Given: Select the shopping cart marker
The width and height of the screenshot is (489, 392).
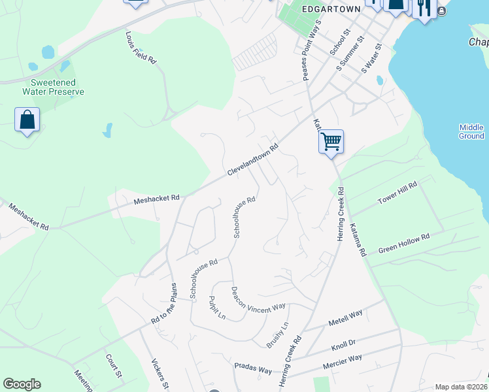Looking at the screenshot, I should (331, 140).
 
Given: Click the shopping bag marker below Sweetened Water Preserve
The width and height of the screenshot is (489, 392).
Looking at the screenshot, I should (27, 120).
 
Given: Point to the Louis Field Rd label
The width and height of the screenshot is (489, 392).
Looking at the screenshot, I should (141, 49).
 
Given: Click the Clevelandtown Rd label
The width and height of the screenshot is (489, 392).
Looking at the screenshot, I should (253, 160).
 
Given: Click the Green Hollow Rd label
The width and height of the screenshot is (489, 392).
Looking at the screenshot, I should (404, 242).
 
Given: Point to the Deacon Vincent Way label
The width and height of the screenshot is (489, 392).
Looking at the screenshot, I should (258, 298).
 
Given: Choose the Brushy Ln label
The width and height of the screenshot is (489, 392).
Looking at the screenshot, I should (277, 335).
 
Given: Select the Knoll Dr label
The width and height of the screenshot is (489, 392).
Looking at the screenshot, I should (343, 343).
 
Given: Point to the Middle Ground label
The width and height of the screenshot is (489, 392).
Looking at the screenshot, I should (471, 131).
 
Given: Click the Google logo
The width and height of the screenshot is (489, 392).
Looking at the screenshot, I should (22, 384).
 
